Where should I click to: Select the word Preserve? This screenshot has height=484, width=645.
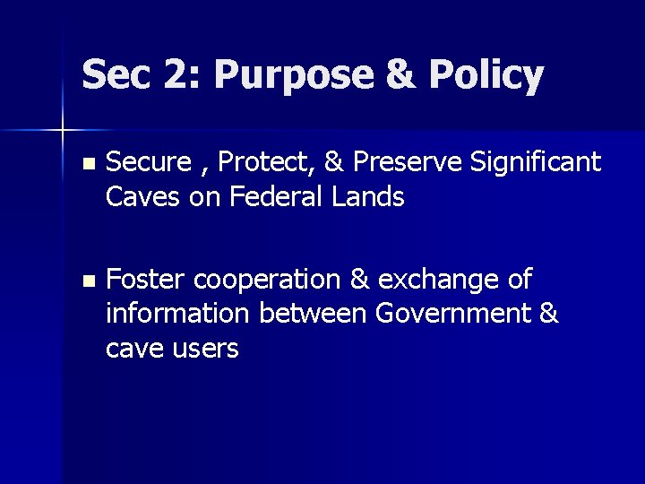405,162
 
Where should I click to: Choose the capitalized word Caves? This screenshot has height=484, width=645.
143,196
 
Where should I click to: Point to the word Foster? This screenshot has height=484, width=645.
145,280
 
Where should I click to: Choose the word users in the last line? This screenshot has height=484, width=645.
206,349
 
